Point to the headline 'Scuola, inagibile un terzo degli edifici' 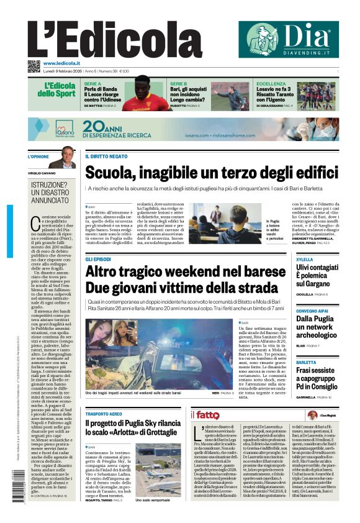[x=210, y=173]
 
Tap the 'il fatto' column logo [x=205, y=414]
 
